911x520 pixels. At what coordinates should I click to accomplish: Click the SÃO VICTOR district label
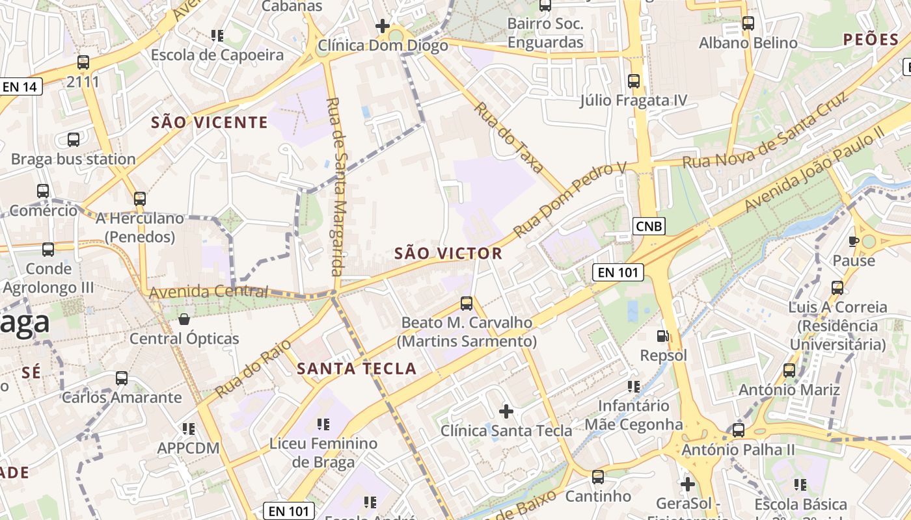(448, 253)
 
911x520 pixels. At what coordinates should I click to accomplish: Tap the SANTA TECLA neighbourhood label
(357, 369)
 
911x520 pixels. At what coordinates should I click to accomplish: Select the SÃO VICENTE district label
(210, 122)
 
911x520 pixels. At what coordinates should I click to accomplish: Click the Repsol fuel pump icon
(662, 336)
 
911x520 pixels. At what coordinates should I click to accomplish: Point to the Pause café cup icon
(854, 241)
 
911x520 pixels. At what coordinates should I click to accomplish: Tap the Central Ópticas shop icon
(184, 319)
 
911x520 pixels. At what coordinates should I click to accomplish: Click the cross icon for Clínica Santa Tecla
(506, 411)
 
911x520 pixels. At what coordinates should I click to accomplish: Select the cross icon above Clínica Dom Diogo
(383, 26)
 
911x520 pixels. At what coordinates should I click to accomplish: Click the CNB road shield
(649, 226)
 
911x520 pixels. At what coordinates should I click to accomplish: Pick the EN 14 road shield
(21, 86)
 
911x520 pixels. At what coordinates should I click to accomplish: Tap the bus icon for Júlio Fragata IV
(633, 81)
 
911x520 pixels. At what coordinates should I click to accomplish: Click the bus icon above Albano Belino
(748, 23)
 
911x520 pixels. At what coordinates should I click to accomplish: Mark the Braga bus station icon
(74, 139)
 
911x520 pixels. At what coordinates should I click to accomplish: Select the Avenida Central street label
(209, 292)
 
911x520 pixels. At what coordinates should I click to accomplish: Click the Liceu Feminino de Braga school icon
(323, 424)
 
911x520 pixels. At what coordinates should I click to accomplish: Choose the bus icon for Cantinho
(597, 476)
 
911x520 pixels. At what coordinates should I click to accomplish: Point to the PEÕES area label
(871, 40)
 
